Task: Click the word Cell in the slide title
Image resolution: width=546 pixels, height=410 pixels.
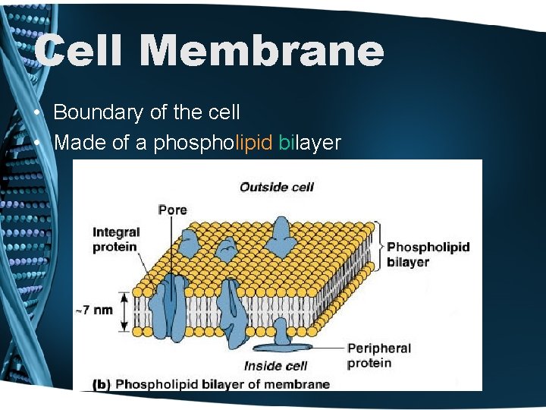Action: click(x=78, y=51)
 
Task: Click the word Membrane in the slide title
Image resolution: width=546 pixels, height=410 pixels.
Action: click(x=262, y=51)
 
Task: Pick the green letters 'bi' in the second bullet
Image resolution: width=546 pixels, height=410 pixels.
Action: click(x=286, y=142)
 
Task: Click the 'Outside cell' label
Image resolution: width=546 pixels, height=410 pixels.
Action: click(x=277, y=187)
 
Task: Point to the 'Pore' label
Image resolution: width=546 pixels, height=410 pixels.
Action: click(x=172, y=210)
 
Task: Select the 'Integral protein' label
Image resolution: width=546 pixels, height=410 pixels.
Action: click(x=115, y=239)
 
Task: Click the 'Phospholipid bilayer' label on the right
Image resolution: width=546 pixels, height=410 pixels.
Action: click(x=428, y=254)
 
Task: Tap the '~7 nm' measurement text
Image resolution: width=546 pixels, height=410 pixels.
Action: click(x=94, y=310)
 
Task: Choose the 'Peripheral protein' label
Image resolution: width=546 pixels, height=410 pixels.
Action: click(x=379, y=355)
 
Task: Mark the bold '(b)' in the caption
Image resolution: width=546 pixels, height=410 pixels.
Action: click(x=101, y=384)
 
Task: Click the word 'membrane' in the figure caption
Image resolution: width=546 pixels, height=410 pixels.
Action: click(x=300, y=384)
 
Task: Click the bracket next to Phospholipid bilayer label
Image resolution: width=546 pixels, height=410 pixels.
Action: click(x=378, y=248)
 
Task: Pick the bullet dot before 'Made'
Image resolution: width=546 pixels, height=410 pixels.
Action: click(x=37, y=143)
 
